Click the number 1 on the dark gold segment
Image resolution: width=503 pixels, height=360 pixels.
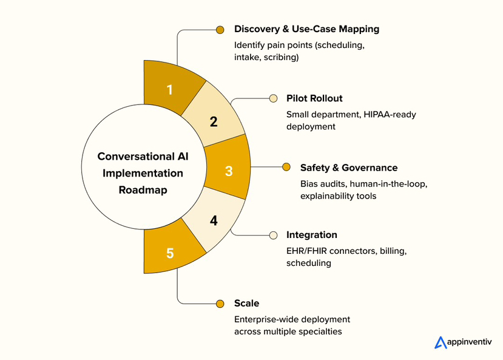(x=170, y=90)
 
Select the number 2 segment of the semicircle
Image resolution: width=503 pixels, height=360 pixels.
(x=214, y=121)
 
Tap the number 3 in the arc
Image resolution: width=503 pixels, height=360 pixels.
(x=229, y=171)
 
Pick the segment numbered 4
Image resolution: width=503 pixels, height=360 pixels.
(x=214, y=220)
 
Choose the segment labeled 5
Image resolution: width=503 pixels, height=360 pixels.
(x=170, y=253)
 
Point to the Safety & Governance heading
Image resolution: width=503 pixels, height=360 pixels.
(x=349, y=168)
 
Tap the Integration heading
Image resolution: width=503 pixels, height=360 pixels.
(x=312, y=235)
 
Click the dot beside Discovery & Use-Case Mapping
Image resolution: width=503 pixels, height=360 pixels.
(x=220, y=29)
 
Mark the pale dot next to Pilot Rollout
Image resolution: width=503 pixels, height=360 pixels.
(x=274, y=98)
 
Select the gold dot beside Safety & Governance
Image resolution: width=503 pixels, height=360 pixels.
(x=287, y=168)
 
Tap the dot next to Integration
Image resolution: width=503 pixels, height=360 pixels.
(x=274, y=235)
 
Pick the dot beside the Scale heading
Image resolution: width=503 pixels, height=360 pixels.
(x=220, y=303)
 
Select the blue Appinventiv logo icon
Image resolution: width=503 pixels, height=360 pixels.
(x=441, y=342)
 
